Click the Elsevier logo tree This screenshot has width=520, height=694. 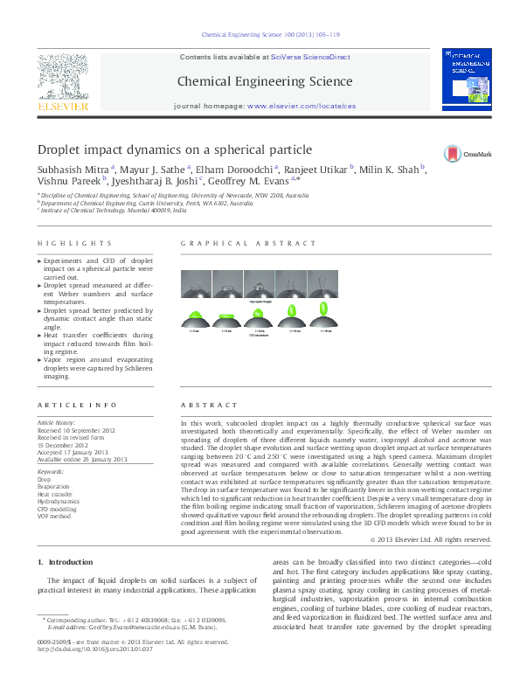(x=62, y=77)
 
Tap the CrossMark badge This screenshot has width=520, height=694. (x=468, y=151)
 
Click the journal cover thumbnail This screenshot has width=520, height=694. (x=464, y=80)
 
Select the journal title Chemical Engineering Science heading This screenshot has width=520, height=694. (x=265, y=81)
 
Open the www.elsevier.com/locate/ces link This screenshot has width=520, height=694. (x=302, y=105)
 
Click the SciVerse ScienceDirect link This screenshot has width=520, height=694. (x=310, y=57)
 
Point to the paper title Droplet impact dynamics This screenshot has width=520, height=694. (x=174, y=149)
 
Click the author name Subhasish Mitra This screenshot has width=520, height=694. (x=73, y=170)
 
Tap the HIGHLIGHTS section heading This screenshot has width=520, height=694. (x=74, y=243)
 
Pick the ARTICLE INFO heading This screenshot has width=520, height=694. (x=78, y=406)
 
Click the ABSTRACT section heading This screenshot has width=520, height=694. (x=209, y=406)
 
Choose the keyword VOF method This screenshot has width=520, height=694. (x=54, y=517)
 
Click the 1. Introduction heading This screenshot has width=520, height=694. (x=65, y=561)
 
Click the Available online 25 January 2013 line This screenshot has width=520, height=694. (x=82, y=459)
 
